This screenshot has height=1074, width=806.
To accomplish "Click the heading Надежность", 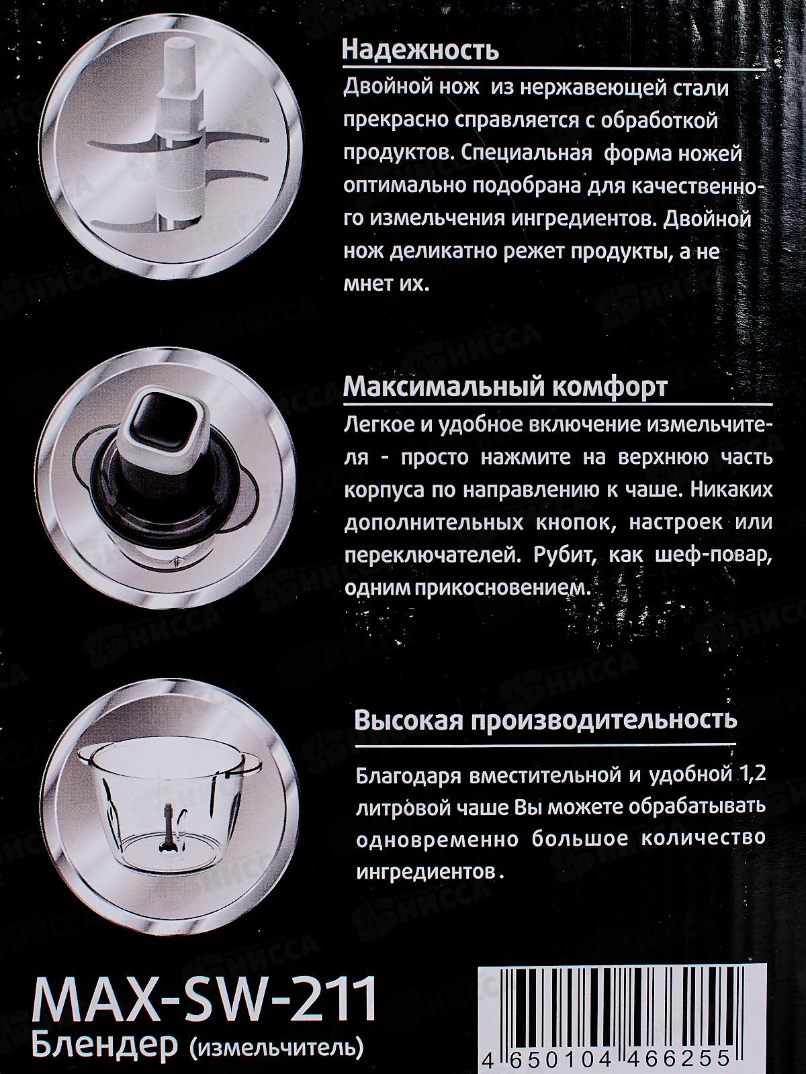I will click(x=420, y=51).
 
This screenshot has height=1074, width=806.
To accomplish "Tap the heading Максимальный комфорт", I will click(x=505, y=387).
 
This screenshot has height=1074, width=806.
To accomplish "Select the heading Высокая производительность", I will click(x=545, y=720).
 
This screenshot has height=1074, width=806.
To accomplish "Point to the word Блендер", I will click(x=100, y=1048).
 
